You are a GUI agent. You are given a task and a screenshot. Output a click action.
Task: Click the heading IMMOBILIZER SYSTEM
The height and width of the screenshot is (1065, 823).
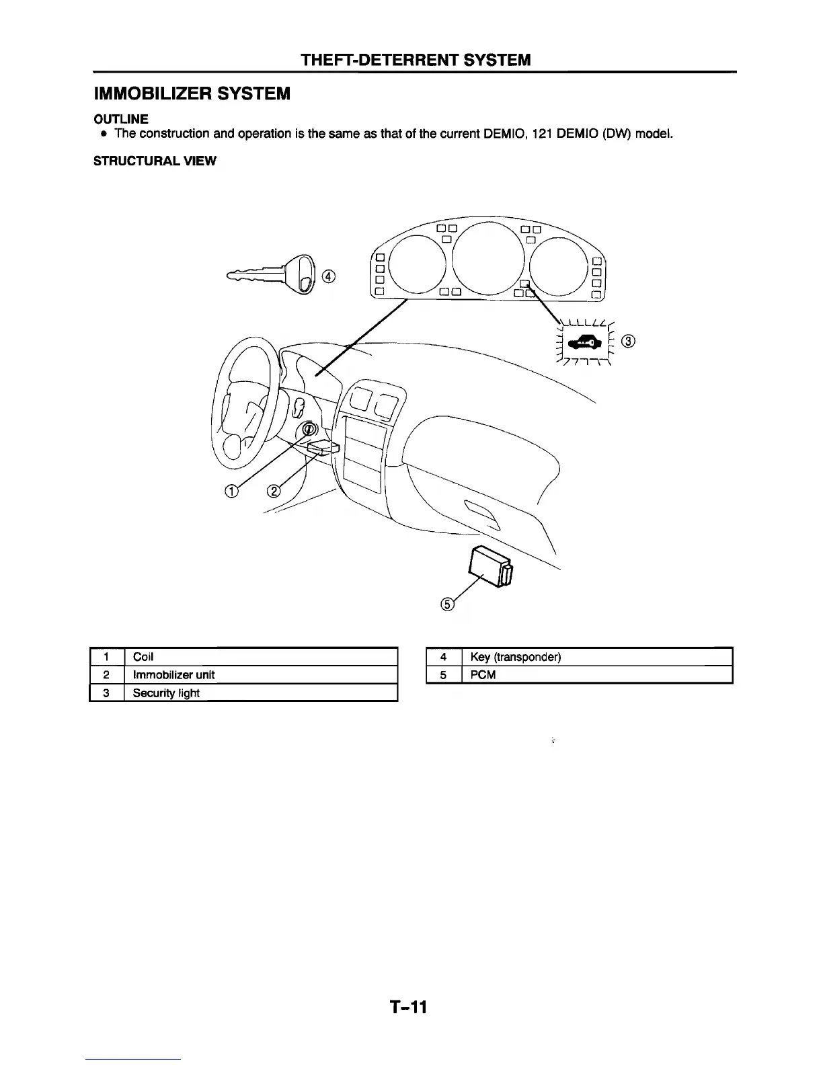(x=192, y=93)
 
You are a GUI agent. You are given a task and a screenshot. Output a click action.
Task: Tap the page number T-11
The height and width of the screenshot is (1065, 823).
(x=408, y=1007)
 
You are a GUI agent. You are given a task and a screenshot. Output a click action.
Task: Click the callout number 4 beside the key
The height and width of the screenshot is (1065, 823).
(x=329, y=276)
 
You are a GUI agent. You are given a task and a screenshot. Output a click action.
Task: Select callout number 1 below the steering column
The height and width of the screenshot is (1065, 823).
(x=231, y=491)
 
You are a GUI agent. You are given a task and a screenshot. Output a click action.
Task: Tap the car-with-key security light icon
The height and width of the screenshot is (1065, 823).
(x=583, y=344)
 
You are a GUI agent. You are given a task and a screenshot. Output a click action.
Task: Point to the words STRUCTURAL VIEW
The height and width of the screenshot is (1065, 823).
(x=155, y=162)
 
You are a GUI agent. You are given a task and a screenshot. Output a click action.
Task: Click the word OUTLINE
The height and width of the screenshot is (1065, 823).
(x=121, y=119)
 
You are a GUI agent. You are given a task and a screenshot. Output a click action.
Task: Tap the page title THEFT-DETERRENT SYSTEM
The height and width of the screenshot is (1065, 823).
(x=416, y=60)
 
